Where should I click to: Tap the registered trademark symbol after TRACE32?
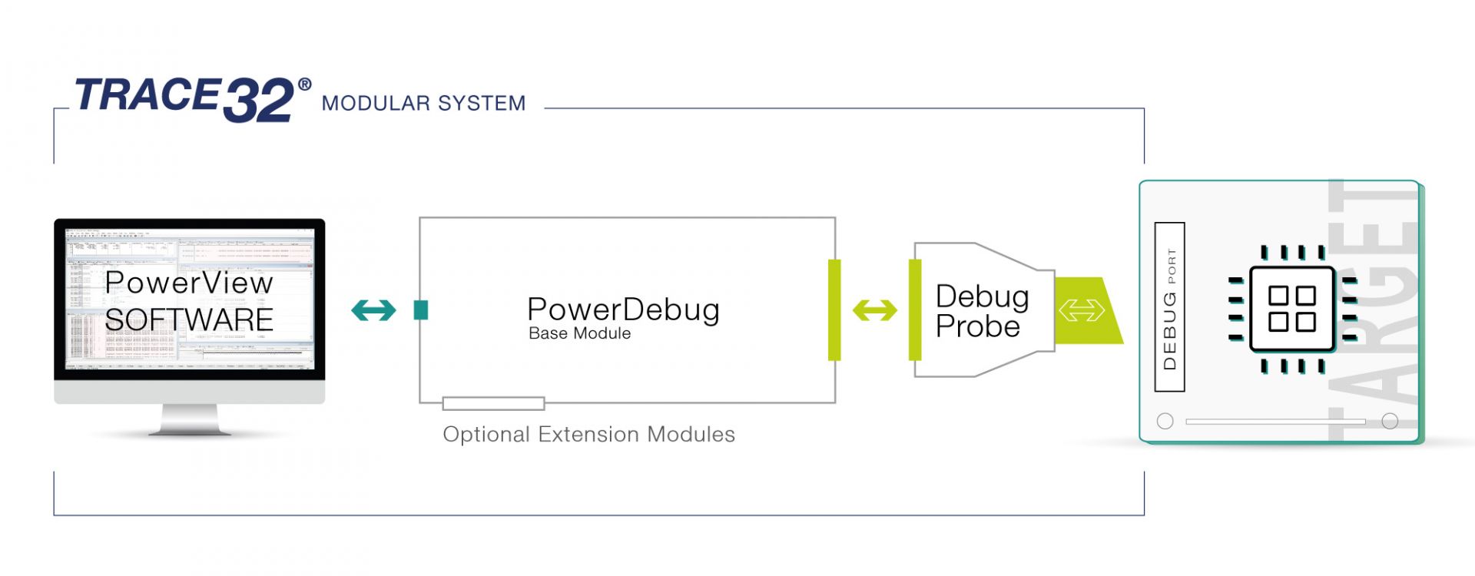[x=305, y=84]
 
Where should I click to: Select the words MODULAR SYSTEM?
[x=423, y=103]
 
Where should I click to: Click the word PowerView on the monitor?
[x=189, y=283]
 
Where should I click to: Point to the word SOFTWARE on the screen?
[x=189, y=319]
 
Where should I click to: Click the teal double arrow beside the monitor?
[x=373, y=310]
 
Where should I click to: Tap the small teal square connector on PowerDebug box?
[x=420, y=310]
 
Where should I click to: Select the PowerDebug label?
[x=623, y=309]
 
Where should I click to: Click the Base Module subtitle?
[x=579, y=333]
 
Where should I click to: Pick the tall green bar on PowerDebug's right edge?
[x=834, y=310]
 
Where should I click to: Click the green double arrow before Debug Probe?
[x=874, y=310]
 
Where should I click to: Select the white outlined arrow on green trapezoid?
[x=1081, y=310]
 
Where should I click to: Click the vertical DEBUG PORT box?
[x=1169, y=307]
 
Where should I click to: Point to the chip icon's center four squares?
[x=1291, y=309]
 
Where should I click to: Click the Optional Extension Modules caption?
[x=588, y=435]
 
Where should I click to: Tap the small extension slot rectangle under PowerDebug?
[x=493, y=403]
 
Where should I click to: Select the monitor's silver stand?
[x=189, y=420]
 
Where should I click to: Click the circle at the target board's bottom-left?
[x=1165, y=421]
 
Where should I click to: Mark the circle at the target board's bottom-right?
[x=1389, y=421]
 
